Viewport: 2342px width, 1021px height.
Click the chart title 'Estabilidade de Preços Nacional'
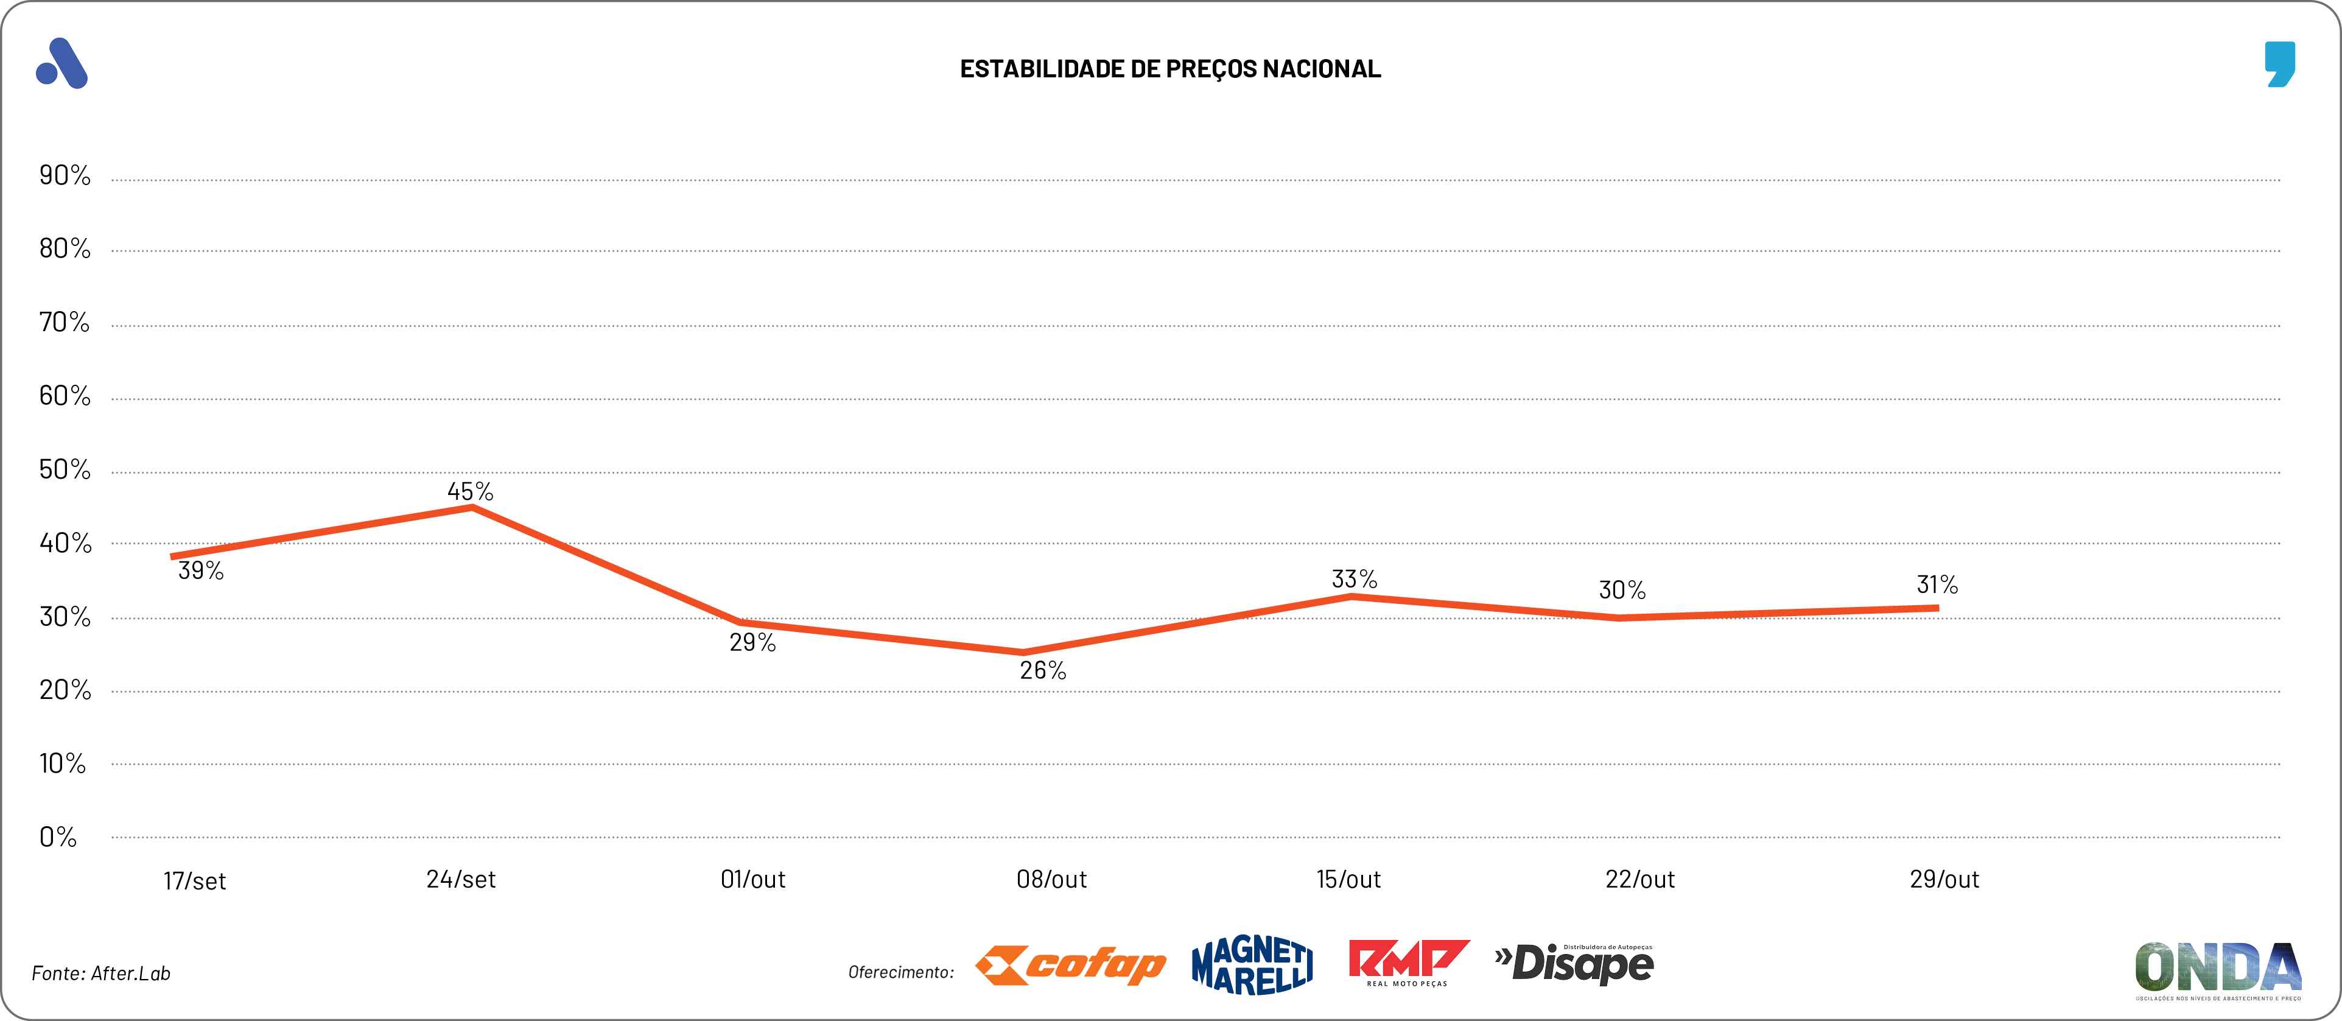(1170, 69)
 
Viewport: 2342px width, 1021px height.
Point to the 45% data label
(470, 492)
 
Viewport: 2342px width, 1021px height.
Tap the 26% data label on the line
(1043, 671)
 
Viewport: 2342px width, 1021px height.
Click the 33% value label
(1354, 579)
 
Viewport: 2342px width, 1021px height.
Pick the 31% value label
(1937, 584)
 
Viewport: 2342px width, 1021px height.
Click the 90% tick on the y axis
(65, 175)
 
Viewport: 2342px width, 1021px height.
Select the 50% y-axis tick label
(65, 470)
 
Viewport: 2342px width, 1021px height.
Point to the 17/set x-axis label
(195, 881)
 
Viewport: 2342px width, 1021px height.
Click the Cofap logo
(1070, 966)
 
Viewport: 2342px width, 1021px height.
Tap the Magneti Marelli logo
(1252, 966)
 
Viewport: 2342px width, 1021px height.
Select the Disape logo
(1575, 964)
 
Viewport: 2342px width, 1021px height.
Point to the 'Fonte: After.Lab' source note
(101, 974)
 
